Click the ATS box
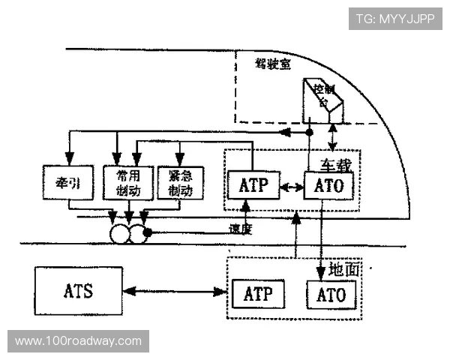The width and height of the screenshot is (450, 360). tap(78, 290)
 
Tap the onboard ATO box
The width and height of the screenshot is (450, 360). tap(328, 185)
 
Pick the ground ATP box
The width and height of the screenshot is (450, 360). tap(259, 294)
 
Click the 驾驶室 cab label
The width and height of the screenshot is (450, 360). tap(272, 64)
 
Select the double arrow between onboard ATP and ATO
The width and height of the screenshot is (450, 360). tap(290, 185)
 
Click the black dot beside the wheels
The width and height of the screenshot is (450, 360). tap(148, 232)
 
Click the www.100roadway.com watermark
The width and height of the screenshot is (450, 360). tap(78, 341)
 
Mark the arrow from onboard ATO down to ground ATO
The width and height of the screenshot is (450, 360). tap(322, 240)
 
